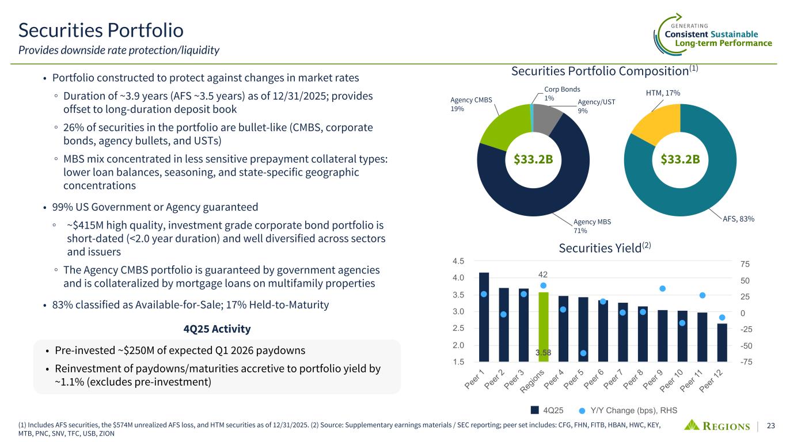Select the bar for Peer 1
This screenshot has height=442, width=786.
(484, 317)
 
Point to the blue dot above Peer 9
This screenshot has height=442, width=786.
(662, 288)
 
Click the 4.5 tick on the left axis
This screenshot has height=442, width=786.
(459, 261)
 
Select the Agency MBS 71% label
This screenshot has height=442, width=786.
(592, 226)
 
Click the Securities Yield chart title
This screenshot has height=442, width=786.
(604, 248)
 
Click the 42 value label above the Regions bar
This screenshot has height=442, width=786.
(543, 275)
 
